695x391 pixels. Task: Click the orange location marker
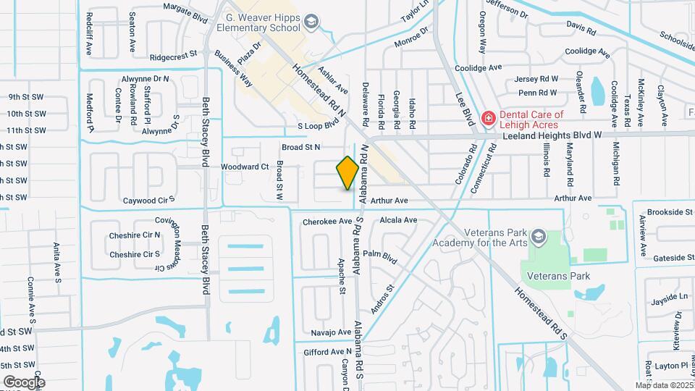(347, 173)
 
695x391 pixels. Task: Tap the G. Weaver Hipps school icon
(311, 22)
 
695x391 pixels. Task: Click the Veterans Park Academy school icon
(538, 237)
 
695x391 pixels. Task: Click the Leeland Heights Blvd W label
(561, 135)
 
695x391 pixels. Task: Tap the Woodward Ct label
(245, 167)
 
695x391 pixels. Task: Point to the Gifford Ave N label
(327, 352)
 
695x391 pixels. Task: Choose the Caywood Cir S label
(150, 199)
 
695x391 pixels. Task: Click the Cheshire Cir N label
(135, 235)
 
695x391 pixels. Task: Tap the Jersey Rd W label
(536, 79)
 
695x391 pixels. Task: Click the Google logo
(24, 382)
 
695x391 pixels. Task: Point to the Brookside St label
(670, 212)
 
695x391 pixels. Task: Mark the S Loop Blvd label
(319, 126)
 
